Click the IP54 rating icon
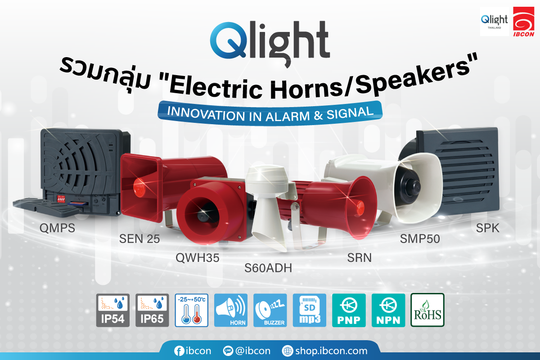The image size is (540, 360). (x=113, y=310)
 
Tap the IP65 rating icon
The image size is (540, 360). (x=152, y=310)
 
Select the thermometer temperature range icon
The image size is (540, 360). (x=191, y=310)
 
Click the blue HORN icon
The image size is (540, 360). (x=231, y=310)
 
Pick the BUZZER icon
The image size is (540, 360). (x=270, y=310)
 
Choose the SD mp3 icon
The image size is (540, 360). (x=309, y=310)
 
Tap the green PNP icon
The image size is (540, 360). (x=349, y=310)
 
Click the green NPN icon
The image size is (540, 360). (x=388, y=310)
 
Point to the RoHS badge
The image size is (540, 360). (x=427, y=310)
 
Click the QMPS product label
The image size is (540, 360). (x=57, y=229)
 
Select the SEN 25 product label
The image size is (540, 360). (x=139, y=239)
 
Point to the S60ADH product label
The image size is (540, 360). (x=268, y=268)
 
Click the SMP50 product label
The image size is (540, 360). (x=420, y=239)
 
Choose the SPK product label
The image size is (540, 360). (x=488, y=229)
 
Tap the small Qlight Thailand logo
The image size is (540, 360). (x=494, y=21)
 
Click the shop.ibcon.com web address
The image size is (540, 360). (x=324, y=351)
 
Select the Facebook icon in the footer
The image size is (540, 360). (x=179, y=351)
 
